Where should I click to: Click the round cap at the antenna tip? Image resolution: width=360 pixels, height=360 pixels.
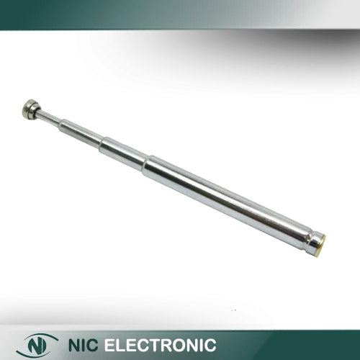tap(30, 110)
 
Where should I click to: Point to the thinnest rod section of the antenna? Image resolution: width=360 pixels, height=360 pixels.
tap(50, 118)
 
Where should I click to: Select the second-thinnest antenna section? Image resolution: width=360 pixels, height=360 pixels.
tap(81, 134)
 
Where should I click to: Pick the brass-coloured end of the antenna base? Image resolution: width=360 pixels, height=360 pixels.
tap(322, 246)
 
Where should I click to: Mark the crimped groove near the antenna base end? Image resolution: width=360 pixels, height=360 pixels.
tap(307, 240)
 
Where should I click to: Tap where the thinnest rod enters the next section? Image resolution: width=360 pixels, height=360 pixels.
tap(61, 124)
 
